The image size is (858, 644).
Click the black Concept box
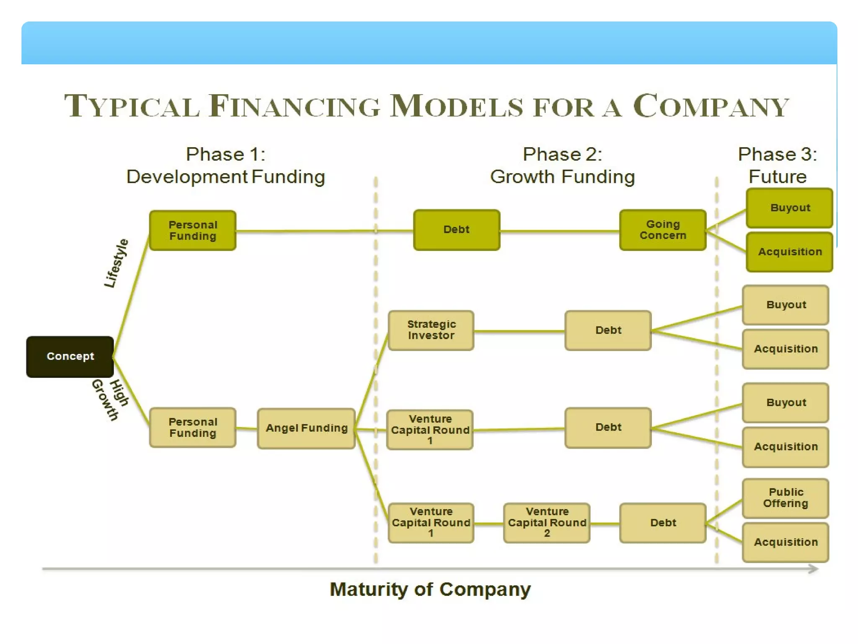coord(70,356)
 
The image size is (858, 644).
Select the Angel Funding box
coord(306,428)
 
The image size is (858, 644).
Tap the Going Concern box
coord(663,230)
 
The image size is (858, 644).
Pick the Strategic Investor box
coord(431,330)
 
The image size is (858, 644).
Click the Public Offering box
coord(786,498)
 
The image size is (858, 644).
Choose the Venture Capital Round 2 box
coord(547,522)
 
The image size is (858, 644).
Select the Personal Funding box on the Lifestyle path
coord(193,230)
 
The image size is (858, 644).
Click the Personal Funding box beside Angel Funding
coord(193,427)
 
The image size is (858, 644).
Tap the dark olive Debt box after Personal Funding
coord(456,230)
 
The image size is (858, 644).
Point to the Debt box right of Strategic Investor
coord(608,330)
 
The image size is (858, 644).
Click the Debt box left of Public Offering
coord(663,522)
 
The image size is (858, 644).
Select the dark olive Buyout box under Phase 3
coord(789,208)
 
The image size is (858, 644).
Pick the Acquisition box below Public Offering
coord(786,542)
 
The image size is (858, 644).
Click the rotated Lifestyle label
coord(116,263)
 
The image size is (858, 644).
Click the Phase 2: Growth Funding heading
coord(562,166)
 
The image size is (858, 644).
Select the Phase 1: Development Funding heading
coord(225,166)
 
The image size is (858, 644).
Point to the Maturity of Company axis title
coord(430,589)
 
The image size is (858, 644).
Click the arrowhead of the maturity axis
coord(813,569)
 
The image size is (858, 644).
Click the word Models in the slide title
coord(457,106)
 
